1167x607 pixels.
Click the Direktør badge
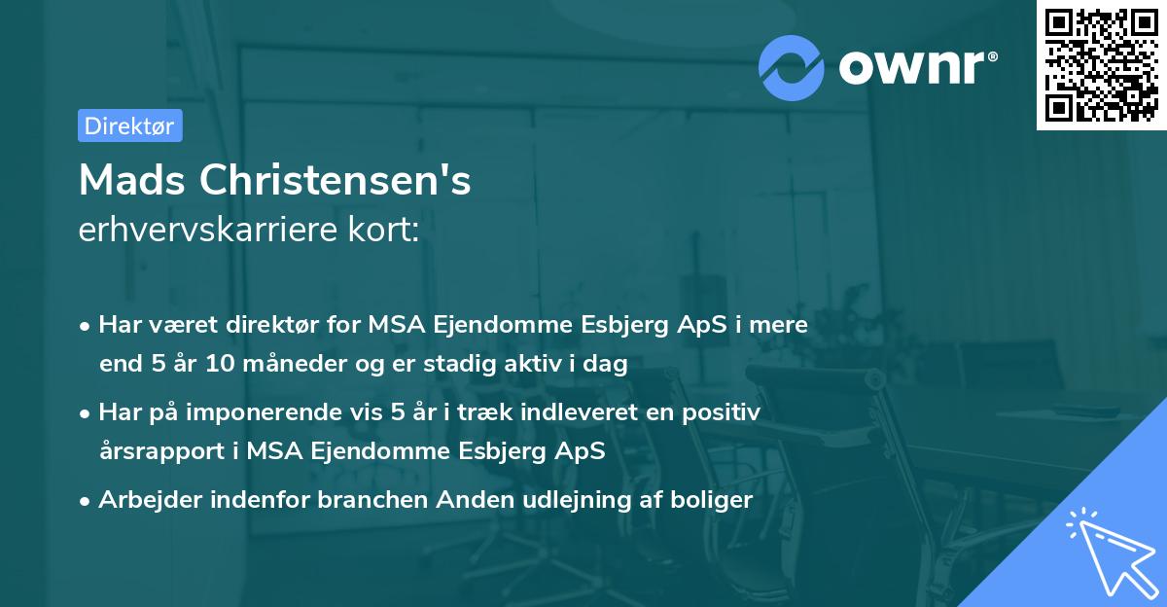pos(129,125)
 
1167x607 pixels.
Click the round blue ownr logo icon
pos(792,68)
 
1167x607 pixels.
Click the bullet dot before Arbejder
pos(86,501)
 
